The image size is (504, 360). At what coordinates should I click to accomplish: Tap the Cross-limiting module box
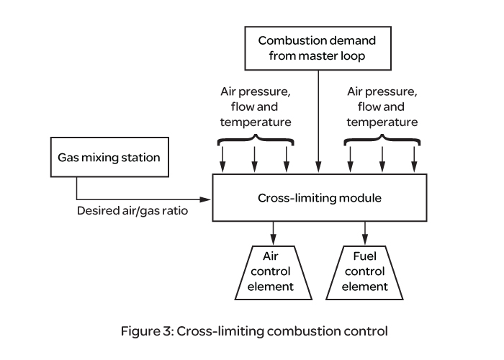tap(318, 197)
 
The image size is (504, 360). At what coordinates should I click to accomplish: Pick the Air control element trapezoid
tap(273, 272)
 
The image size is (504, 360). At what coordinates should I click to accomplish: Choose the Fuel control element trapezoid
tap(366, 272)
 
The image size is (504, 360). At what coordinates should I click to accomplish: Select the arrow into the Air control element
tap(273, 232)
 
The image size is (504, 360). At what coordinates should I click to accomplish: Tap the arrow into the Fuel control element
tap(366, 232)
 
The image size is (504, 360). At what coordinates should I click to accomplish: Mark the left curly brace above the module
tap(255, 138)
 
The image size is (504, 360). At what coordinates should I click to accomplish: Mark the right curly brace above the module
tap(382, 138)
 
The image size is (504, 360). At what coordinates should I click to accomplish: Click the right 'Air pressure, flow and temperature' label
tap(382, 107)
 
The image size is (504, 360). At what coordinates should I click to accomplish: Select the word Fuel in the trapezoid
tap(366, 257)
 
